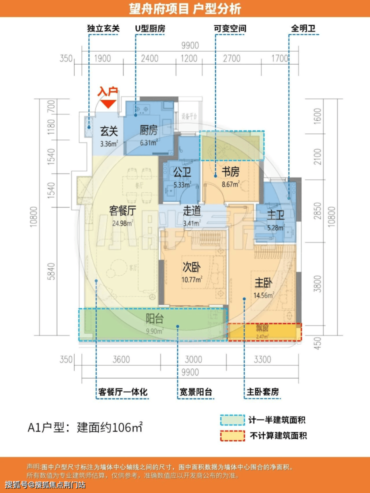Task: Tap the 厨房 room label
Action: (x=148, y=131)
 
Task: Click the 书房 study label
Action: (x=230, y=172)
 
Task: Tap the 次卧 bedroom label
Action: (x=192, y=267)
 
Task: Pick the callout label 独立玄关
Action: (x=102, y=28)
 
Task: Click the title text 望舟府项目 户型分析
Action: (x=184, y=8)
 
